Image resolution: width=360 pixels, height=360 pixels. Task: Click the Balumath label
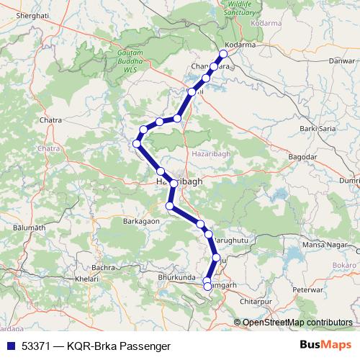tap(30, 228)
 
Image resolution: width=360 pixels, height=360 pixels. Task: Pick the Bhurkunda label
tap(176, 276)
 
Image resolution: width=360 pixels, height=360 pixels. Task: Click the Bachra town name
tap(104, 266)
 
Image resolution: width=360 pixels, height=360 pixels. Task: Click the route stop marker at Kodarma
tap(223, 54)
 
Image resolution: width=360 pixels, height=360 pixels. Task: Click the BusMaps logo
tap(325, 344)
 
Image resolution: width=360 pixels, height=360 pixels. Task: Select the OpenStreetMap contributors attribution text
tap(297, 322)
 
